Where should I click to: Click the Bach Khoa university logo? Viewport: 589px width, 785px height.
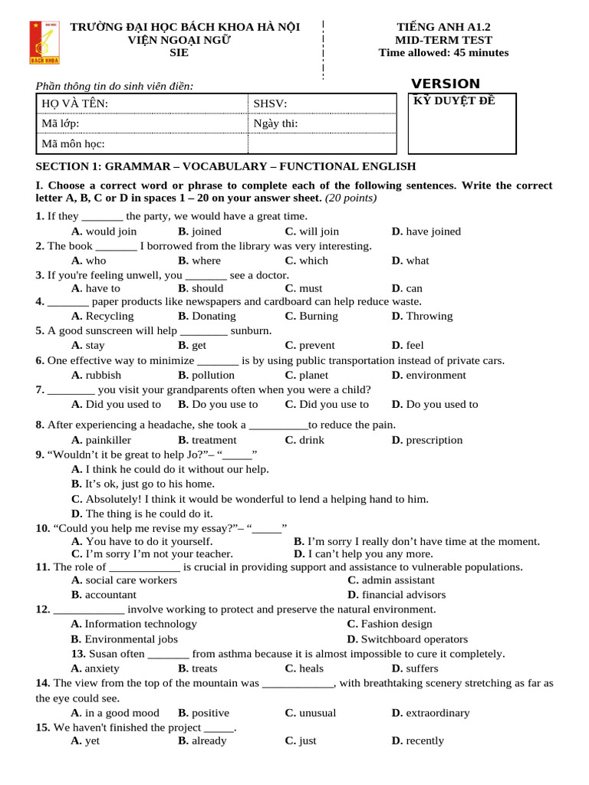[44, 42]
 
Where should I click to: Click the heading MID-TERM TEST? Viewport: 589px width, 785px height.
[443, 40]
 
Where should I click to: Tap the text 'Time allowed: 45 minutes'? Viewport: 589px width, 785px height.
[443, 53]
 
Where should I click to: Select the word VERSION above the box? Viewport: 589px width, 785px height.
[446, 84]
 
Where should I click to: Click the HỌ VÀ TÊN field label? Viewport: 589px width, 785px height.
[74, 103]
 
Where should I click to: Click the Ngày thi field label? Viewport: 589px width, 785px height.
[275, 123]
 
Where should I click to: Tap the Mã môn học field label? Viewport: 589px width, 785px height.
[73, 143]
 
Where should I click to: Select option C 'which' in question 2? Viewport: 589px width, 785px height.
[306, 260]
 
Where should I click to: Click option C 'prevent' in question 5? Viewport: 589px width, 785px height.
[309, 345]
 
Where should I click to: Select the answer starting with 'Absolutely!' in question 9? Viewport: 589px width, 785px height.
[249, 499]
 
